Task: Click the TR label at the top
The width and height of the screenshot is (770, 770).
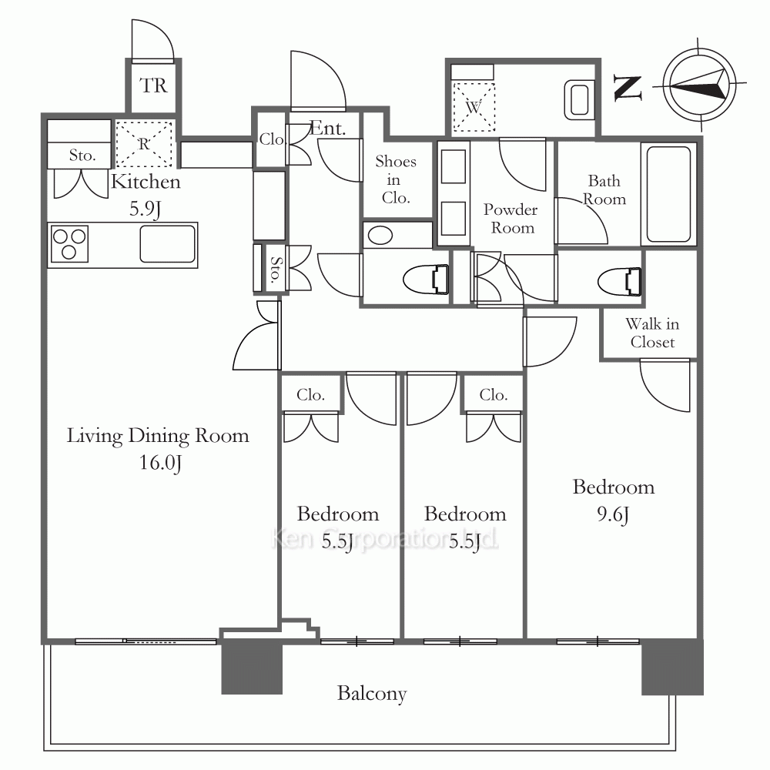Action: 153,85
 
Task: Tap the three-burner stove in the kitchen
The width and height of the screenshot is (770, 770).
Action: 69,244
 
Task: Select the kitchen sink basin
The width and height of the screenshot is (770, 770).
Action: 167,244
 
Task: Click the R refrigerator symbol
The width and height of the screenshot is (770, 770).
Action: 144,144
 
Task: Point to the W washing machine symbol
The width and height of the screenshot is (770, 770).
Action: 474,107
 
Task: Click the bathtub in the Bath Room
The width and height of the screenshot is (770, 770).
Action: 669,194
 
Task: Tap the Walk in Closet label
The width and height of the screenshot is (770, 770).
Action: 652,333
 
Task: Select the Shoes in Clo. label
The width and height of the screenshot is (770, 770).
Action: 396,179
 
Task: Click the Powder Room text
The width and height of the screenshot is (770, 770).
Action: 511,219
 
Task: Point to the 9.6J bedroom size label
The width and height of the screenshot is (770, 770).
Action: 613,514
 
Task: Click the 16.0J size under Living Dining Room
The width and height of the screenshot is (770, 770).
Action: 160,463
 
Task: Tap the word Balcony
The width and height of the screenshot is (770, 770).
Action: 372,694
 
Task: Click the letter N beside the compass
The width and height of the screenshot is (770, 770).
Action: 628,88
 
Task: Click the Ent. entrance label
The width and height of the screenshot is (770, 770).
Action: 328,129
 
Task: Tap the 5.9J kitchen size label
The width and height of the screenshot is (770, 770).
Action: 146,209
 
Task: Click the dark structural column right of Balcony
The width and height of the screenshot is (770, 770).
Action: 672,666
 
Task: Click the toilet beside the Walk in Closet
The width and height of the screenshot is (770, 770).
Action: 620,282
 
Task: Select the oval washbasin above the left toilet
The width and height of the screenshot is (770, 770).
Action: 380,235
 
